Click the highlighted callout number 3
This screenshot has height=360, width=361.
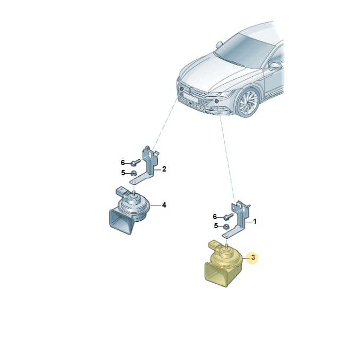pos(253,257)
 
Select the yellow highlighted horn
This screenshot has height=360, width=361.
pos(223,263)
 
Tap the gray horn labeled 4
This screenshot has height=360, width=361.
pos(128,210)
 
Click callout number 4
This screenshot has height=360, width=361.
pos(164,205)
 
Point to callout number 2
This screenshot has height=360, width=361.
pos(164,169)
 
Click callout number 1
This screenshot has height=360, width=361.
pos(254,222)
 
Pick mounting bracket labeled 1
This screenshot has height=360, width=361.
pos(236,219)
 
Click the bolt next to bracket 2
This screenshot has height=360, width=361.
pos(135,163)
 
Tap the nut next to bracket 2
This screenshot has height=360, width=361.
pos(133,173)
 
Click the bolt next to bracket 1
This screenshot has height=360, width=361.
pos(227,217)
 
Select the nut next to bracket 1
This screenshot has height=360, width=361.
pos(226,227)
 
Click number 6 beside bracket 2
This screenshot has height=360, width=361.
pos(122,163)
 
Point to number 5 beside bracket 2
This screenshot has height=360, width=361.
pos(123,173)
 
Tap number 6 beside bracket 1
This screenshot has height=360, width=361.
pos(215,217)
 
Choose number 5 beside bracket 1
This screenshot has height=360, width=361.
pos(216,226)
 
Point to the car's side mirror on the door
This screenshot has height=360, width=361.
pos(276,66)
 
